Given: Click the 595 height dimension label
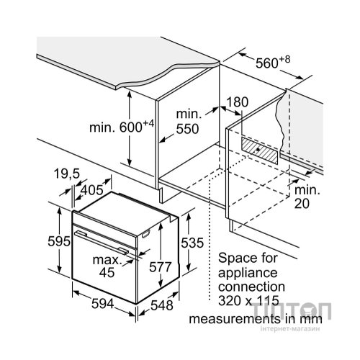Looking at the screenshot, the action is coord(59,241).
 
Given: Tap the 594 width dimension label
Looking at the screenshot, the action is coord(102,304).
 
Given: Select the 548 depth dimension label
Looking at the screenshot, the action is coord(162,305).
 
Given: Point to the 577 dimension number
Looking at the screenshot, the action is coord(160,267).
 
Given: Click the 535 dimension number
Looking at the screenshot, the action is coord(192,243).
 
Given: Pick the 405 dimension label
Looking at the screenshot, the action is coord(92,190).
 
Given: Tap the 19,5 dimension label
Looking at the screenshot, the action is coord(67,174).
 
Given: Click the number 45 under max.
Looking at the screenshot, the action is coord(107,272).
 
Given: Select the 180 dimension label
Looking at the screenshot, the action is coord(237,102).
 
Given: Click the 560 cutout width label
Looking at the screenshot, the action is coord(266,63).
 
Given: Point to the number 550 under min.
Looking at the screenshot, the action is coord(187,129).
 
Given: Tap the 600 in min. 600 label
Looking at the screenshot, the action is coord(131,127).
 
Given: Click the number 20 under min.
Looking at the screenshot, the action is coord(302,204).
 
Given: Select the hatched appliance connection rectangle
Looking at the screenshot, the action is coord(260,150).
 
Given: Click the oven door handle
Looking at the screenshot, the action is coord(102,242).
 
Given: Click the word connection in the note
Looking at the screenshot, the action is coord(252,287).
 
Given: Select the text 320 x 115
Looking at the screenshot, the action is coord(248,301).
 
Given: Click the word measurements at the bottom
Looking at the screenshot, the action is coord(235,320).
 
